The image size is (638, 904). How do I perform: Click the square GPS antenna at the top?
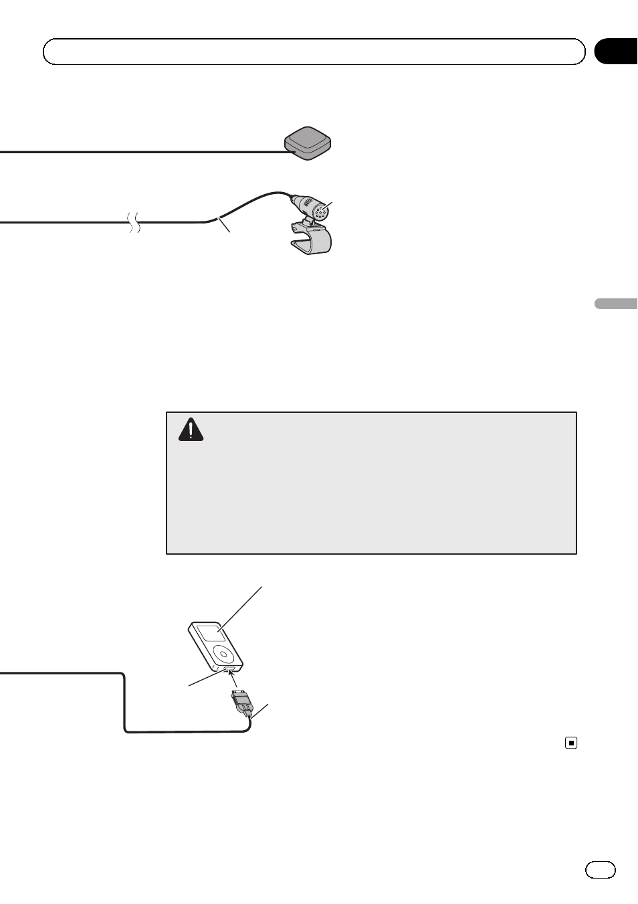click(308, 142)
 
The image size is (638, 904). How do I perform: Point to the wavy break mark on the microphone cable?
click(134, 221)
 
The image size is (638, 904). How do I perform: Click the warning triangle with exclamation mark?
click(191, 430)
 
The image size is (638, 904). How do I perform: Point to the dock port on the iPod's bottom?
click(229, 668)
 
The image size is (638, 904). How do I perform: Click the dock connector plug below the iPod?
click(241, 703)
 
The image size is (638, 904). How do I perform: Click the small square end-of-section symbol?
click(571, 742)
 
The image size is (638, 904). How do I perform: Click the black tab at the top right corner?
click(616, 52)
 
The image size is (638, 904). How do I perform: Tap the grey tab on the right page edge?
click(616, 304)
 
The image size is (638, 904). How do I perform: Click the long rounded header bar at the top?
click(314, 52)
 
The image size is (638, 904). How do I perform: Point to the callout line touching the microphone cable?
click(225, 225)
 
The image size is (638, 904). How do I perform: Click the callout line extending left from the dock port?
click(204, 677)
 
